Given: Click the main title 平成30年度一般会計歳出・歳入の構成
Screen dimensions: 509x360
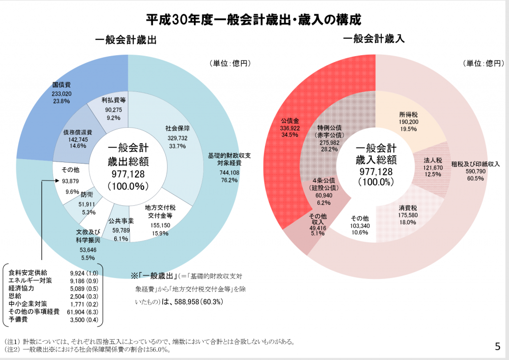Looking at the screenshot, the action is click(253, 20).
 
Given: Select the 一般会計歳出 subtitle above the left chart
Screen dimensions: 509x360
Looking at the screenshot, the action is click(126, 40).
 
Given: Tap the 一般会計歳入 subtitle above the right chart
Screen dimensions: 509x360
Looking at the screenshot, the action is click(374, 39).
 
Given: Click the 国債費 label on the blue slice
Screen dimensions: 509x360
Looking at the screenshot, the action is click(61, 85).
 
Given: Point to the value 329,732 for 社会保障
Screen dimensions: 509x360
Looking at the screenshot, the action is click(177, 138).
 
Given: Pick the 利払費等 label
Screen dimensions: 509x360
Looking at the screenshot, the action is click(113, 100).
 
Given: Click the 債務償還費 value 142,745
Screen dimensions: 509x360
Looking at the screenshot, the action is click(78, 139).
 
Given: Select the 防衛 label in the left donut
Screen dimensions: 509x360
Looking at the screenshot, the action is click(86, 195).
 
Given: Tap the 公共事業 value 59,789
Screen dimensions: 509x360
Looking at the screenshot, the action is click(121, 230).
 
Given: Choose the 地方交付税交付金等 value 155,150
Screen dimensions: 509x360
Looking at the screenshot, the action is click(161, 225).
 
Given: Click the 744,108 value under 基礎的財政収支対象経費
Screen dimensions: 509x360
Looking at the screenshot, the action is click(229, 173).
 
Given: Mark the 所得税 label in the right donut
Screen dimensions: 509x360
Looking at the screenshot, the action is click(409, 114).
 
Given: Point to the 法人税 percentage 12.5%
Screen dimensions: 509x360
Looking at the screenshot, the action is click(433, 175).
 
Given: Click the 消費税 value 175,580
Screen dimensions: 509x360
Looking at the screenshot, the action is click(408, 215).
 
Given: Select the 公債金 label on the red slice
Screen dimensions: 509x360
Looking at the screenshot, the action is click(290, 121).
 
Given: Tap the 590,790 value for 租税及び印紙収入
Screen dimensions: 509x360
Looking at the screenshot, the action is click(476, 172).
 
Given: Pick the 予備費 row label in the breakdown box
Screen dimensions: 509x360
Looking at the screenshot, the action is click(18, 319).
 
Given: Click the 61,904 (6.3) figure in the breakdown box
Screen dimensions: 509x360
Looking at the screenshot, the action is click(84, 312).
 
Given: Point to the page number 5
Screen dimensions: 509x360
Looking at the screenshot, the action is click(498, 347).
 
